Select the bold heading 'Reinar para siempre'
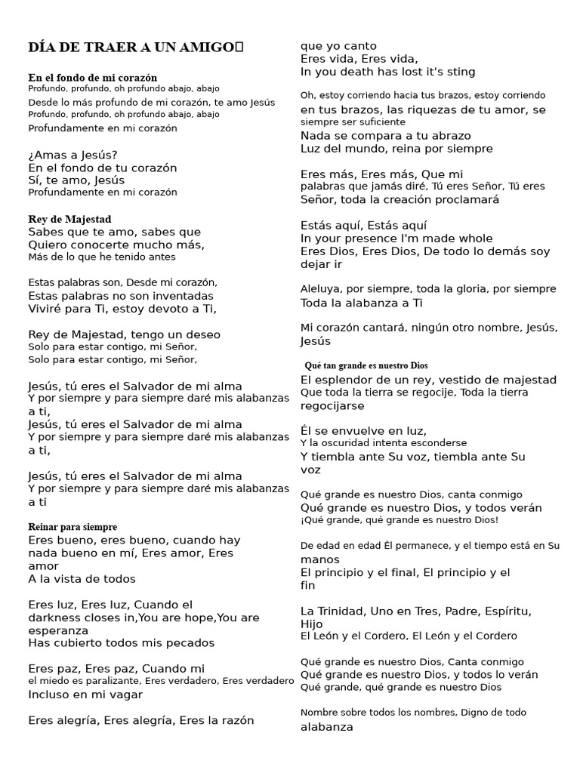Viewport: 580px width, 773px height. click(72, 527)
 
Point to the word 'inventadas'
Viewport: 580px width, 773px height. click(185, 296)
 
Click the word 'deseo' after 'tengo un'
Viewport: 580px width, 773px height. click(205, 334)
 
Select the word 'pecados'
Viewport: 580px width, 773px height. click(193, 643)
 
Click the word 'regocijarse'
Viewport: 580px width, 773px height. click(332, 405)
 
